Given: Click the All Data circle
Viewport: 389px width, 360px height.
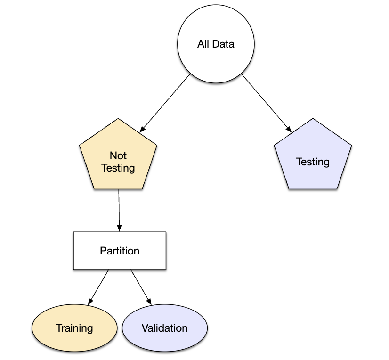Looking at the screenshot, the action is (216, 44).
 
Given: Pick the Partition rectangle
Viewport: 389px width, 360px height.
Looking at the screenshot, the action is (120, 251).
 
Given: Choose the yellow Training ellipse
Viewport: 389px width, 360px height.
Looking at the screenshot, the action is (74, 328).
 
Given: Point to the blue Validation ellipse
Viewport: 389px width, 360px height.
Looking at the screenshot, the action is (165, 328).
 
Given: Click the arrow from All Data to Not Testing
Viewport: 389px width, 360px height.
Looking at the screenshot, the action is (165, 103).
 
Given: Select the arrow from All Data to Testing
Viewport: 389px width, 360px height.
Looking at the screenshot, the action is (267, 103).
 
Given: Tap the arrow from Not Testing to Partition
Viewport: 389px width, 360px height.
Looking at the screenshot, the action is (119, 210).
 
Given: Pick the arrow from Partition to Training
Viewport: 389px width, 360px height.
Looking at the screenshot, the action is (98, 287).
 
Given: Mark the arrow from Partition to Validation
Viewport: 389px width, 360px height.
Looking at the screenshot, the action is (141, 287).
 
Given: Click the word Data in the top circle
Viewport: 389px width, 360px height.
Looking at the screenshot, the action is (223, 44).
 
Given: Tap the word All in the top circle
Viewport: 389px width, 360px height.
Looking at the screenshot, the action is (203, 44).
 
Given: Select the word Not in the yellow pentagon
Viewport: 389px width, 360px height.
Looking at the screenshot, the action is (118, 155).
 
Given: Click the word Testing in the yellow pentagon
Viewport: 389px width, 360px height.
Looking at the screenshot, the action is (118, 168).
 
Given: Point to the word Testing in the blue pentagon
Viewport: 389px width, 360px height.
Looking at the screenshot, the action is (313, 162).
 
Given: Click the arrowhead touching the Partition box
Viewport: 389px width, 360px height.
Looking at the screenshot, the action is (119, 228).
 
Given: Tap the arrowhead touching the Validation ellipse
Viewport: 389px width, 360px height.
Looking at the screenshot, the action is (149, 301).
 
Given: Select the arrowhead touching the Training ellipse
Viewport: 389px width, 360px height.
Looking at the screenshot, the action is (90, 301).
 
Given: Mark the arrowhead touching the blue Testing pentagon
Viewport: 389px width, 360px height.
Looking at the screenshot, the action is (289, 129).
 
